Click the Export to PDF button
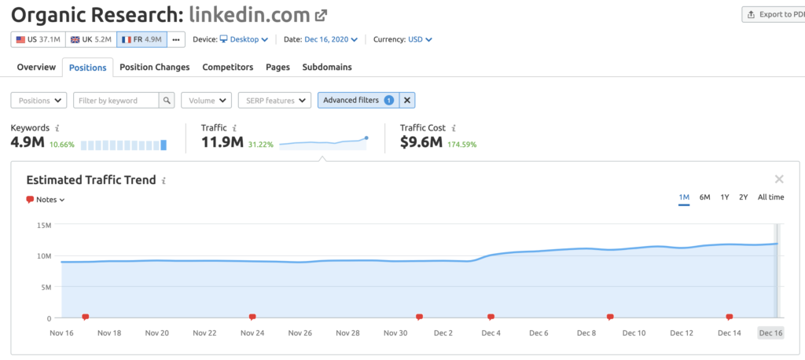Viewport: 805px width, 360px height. [774, 14]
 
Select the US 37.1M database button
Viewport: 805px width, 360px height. [38, 39]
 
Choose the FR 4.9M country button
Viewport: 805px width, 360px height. [141, 39]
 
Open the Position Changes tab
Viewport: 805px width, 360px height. [154, 68]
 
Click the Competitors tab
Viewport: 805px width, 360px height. [227, 68]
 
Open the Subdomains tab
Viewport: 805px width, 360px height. [326, 68]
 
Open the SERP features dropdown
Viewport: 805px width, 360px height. [274, 101]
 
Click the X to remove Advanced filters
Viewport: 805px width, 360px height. [407, 101]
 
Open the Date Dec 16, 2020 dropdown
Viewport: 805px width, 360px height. [331, 39]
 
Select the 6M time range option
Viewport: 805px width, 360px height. [704, 197]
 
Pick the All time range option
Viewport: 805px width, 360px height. [770, 197]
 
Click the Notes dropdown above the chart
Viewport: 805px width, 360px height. [46, 200]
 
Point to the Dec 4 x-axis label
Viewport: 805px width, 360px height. [491, 333]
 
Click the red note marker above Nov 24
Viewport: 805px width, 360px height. [252, 318]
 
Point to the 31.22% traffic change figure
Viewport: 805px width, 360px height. [261, 145]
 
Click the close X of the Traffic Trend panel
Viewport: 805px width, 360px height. [778, 179]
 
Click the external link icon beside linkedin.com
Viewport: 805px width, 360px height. [322, 15]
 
